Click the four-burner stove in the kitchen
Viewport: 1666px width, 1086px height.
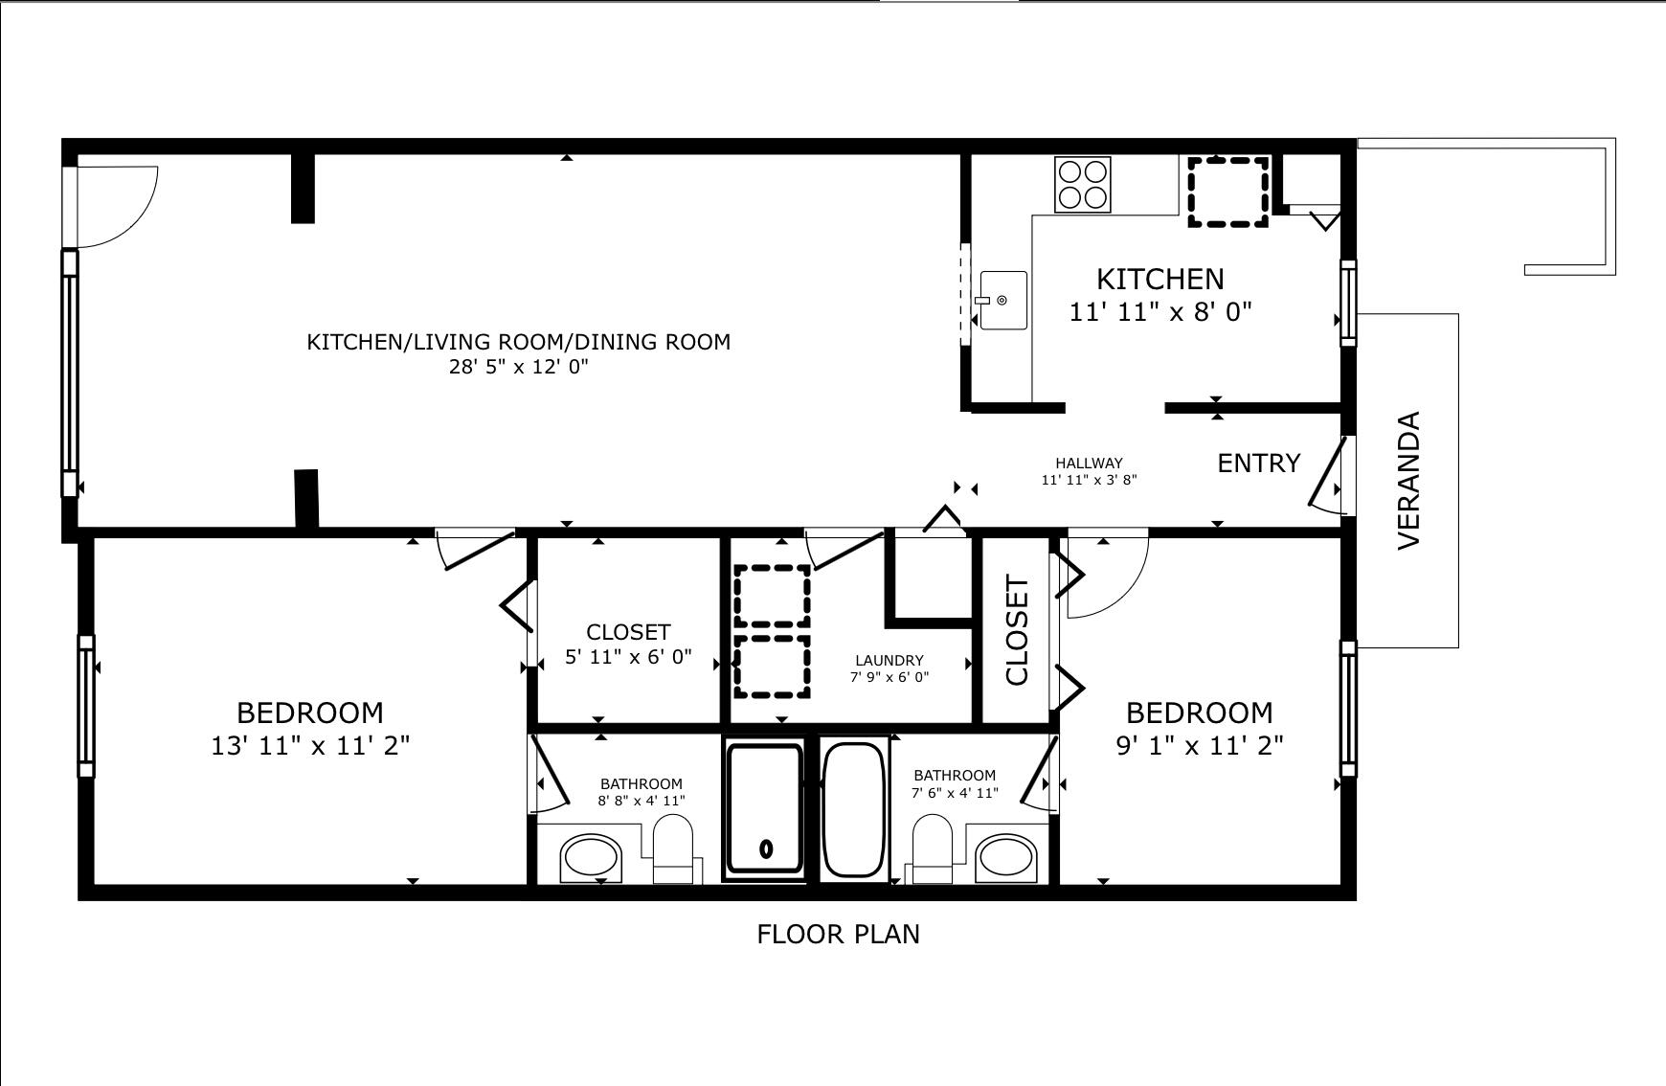tap(1083, 184)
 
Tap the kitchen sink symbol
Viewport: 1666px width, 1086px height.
tap(1002, 301)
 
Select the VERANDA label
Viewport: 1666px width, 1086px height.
tap(1408, 480)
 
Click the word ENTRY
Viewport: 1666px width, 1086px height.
tap(1258, 464)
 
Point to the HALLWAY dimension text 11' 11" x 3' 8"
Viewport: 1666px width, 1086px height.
tap(1089, 480)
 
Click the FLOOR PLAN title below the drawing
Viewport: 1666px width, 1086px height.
tap(838, 935)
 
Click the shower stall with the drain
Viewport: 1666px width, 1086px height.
tap(764, 809)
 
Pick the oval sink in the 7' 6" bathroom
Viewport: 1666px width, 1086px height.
tap(1006, 857)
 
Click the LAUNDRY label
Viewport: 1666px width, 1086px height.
tap(889, 661)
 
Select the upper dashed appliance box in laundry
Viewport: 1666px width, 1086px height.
tap(772, 596)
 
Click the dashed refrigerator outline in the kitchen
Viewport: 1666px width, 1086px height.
tap(1228, 192)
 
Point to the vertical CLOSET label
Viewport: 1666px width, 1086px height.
tap(1017, 630)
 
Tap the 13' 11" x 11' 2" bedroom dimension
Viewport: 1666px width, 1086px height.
tap(310, 745)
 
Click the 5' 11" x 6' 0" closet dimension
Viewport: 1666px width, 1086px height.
tap(628, 658)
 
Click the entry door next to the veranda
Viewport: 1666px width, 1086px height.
tap(1328, 472)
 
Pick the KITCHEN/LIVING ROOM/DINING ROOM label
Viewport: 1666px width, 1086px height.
tap(518, 342)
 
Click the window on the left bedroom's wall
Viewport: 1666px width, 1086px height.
tap(86, 706)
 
